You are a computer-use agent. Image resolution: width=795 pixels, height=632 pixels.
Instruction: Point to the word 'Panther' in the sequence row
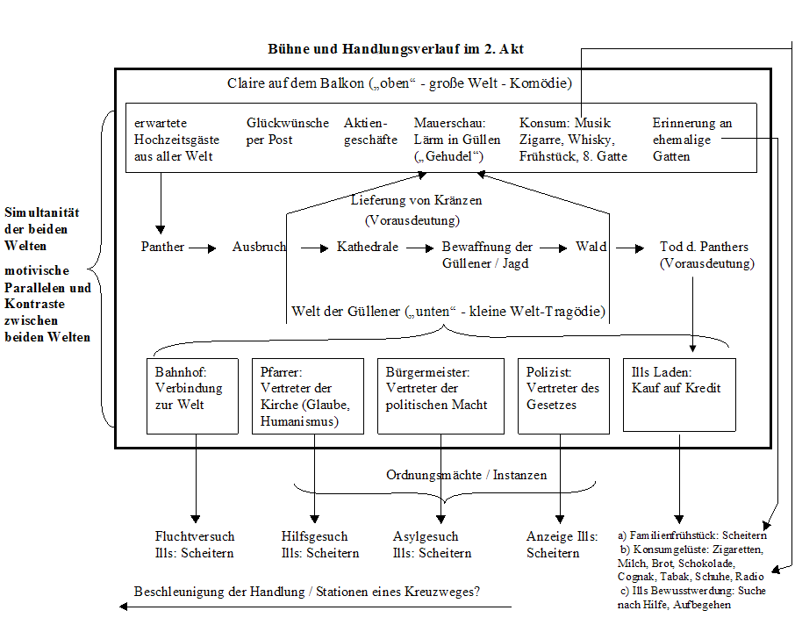coord(162,247)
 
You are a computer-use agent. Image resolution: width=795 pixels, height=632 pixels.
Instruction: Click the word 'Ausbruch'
coord(259,247)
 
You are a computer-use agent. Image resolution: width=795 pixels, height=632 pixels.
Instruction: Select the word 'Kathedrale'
coord(368,247)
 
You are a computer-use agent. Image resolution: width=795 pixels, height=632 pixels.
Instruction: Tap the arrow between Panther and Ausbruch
coord(203,248)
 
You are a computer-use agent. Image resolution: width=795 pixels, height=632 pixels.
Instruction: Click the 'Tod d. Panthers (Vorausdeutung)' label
coord(706,255)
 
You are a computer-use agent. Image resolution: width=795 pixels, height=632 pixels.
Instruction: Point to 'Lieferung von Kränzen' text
coord(416,200)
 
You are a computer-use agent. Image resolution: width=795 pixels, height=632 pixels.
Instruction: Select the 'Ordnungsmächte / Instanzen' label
coord(466,475)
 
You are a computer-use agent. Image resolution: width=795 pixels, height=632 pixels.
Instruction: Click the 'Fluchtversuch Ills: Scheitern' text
coord(194,544)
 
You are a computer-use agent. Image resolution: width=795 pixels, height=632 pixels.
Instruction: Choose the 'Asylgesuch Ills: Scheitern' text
coord(432,544)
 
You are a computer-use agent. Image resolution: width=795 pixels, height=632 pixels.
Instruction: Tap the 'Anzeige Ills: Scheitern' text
coord(562,544)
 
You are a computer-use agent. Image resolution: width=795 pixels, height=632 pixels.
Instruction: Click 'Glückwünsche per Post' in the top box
coord(288,131)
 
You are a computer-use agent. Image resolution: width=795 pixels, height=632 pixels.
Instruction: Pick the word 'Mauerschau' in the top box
coord(449,123)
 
